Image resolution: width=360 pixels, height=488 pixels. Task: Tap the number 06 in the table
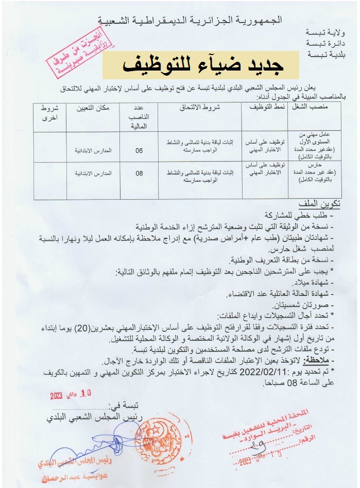pyautogui.click(x=139, y=151)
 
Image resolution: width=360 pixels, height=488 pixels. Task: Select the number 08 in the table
pyautogui.click(x=139, y=173)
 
